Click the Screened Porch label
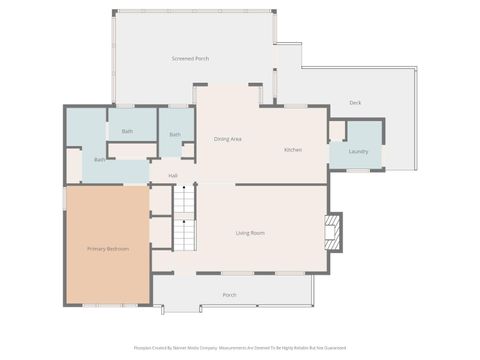tap(190, 59)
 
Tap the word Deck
tap(355, 103)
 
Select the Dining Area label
tap(228, 139)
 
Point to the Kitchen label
tap(293, 150)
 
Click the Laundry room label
tap(358, 152)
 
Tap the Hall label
tap(173, 176)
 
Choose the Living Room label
tap(250, 233)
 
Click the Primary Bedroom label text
tap(107, 248)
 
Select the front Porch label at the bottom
tap(229, 295)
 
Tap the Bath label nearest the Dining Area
tap(175, 135)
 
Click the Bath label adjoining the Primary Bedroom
tap(100, 160)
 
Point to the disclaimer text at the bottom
tap(239, 349)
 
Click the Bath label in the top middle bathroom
tap(128, 131)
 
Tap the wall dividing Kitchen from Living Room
tap(280, 184)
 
